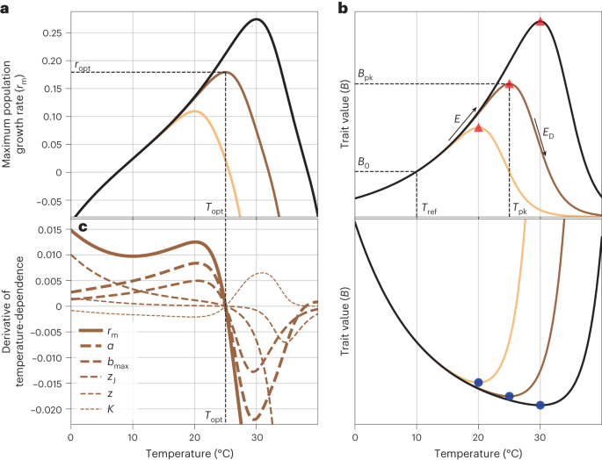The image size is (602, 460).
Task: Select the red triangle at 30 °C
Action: pyautogui.click(x=540, y=22)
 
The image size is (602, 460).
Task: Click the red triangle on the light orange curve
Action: pyautogui.click(x=478, y=127)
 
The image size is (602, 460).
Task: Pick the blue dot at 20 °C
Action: pyautogui.click(x=478, y=382)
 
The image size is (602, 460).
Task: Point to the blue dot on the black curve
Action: pyautogui.click(x=540, y=405)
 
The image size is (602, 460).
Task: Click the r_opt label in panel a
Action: pyautogui.click(x=82, y=66)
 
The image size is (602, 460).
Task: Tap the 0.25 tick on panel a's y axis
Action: pyautogui.click(x=52, y=32)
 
